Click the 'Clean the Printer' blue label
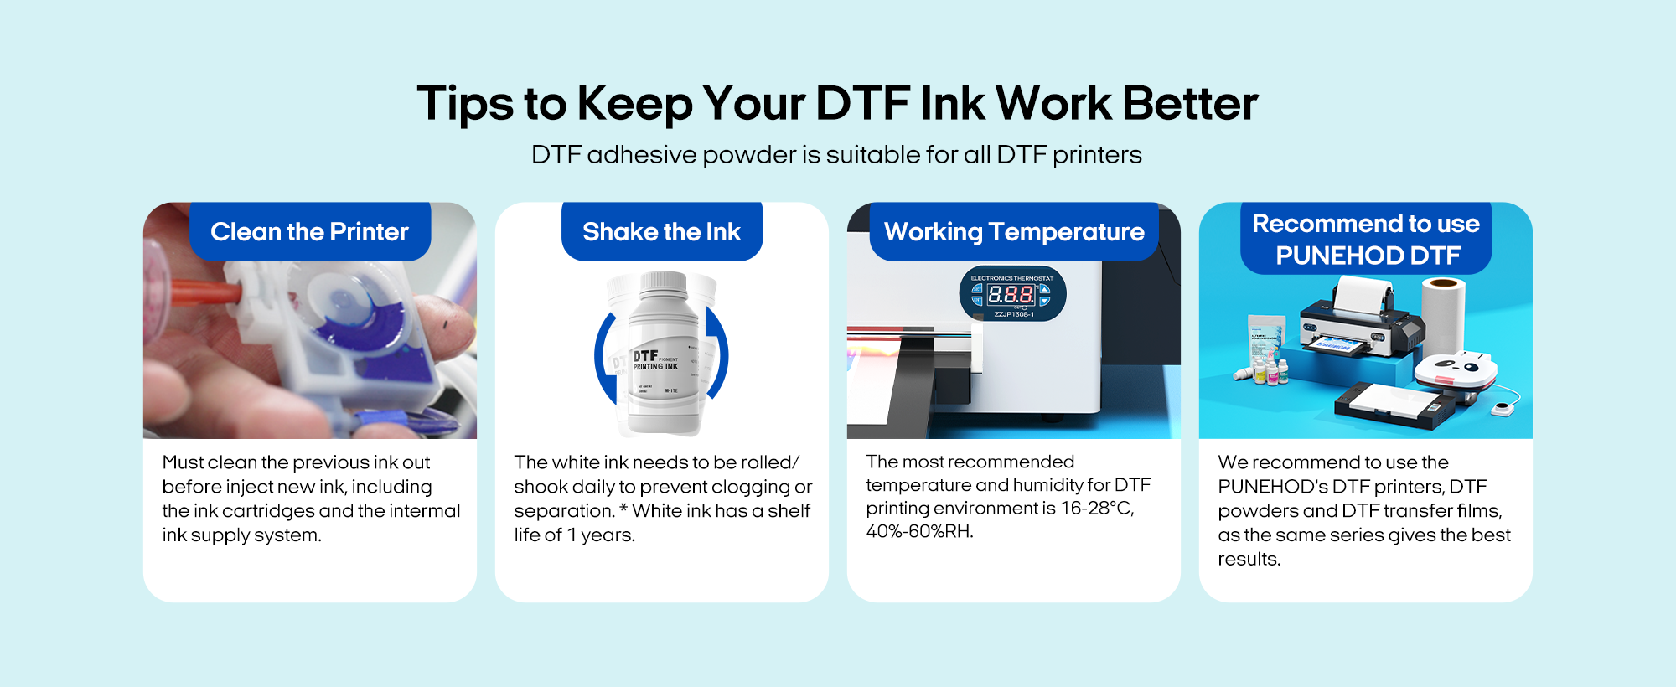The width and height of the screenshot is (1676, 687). [x=310, y=231]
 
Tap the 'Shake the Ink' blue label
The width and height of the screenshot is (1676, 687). [x=662, y=231]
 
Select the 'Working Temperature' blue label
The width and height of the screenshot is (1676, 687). [x=1014, y=231]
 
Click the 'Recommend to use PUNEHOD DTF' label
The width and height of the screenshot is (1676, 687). [x=1366, y=239]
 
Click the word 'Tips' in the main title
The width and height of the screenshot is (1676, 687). [x=465, y=105]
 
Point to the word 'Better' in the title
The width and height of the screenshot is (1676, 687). [x=1190, y=103]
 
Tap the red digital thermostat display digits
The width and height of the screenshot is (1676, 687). [x=1011, y=294]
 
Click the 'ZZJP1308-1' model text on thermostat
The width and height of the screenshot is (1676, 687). [x=1014, y=314]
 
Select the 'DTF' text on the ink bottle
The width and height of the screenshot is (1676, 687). [x=645, y=356]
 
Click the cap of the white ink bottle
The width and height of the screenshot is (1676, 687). [x=663, y=282]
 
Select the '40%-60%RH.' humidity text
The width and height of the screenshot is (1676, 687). [x=920, y=531]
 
